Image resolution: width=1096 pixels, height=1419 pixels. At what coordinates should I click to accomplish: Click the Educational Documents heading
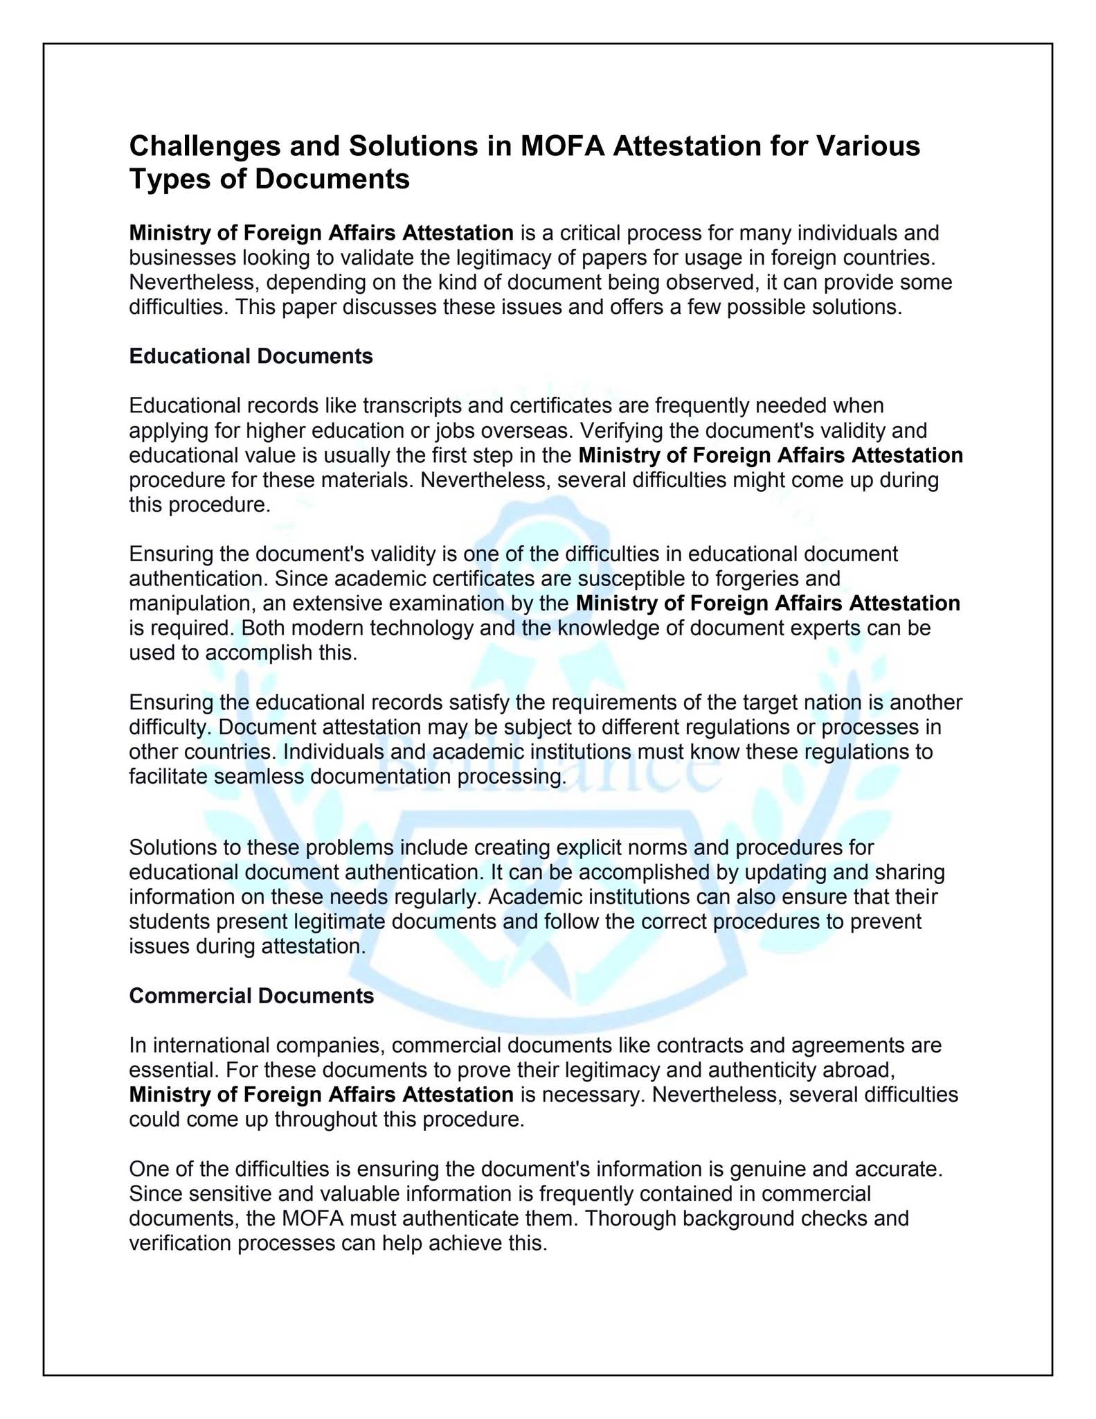(x=251, y=356)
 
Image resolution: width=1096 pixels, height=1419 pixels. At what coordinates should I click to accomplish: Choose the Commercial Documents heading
(x=251, y=996)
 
